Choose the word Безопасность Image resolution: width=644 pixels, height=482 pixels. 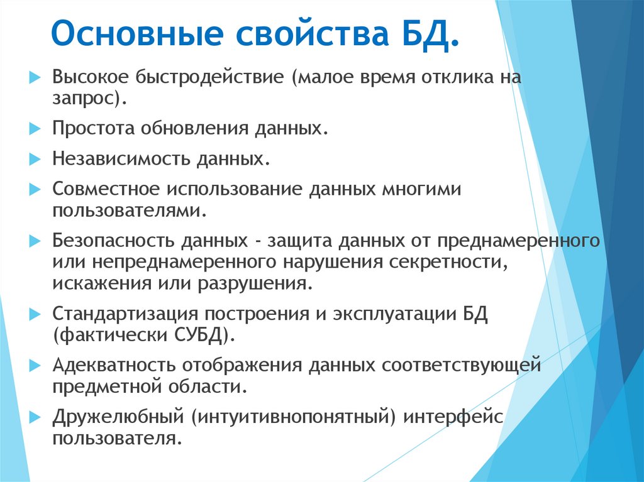coord(114,241)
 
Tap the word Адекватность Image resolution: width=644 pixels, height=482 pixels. coord(113,365)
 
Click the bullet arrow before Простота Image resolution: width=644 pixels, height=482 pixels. coord(35,129)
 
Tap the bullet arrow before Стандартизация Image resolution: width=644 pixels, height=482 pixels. coord(35,314)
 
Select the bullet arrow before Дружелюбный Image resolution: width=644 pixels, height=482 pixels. coord(35,417)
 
